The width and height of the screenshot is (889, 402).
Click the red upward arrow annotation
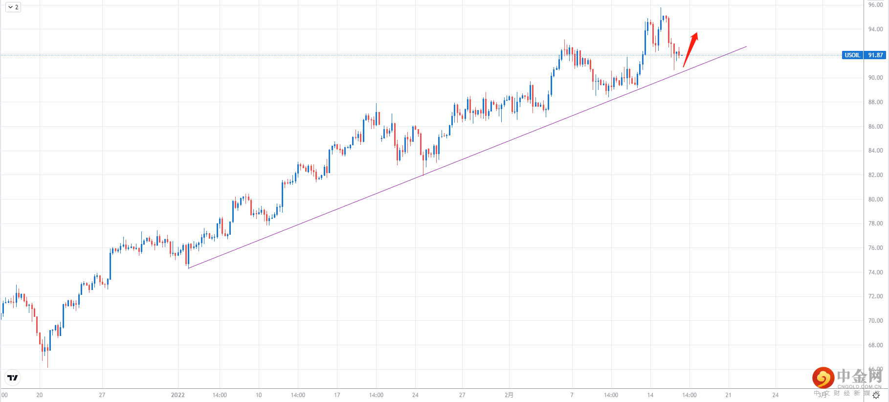click(690, 49)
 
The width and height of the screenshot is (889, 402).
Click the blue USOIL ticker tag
click(852, 55)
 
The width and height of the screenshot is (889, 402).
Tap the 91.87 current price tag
click(875, 55)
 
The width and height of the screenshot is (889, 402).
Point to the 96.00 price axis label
click(875, 5)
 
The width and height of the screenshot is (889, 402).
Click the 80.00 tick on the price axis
click(875, 200)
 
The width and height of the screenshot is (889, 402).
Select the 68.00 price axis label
click(875, 345)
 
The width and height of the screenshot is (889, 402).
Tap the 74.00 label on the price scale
click(875, 272)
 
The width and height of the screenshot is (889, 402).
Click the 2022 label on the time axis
click(178, 395)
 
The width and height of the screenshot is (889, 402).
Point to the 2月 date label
click(509, 395)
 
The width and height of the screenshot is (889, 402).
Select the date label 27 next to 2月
click(462, 395)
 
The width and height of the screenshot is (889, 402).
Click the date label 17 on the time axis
click(337, 395)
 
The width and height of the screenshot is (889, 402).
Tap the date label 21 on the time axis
click(728, 395)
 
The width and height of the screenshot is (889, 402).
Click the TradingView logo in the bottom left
click(13, 378)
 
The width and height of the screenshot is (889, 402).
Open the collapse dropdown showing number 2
click(13, 7)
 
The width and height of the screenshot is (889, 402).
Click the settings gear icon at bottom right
click(876, 396)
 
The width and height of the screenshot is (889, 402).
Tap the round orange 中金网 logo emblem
click(823, 378)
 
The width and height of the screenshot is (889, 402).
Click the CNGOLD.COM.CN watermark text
click(859, 386)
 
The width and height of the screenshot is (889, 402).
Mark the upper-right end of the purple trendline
click(746, 47)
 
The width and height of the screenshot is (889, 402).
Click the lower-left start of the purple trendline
click(189, 268)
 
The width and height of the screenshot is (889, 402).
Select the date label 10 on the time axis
click(259, 395)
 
